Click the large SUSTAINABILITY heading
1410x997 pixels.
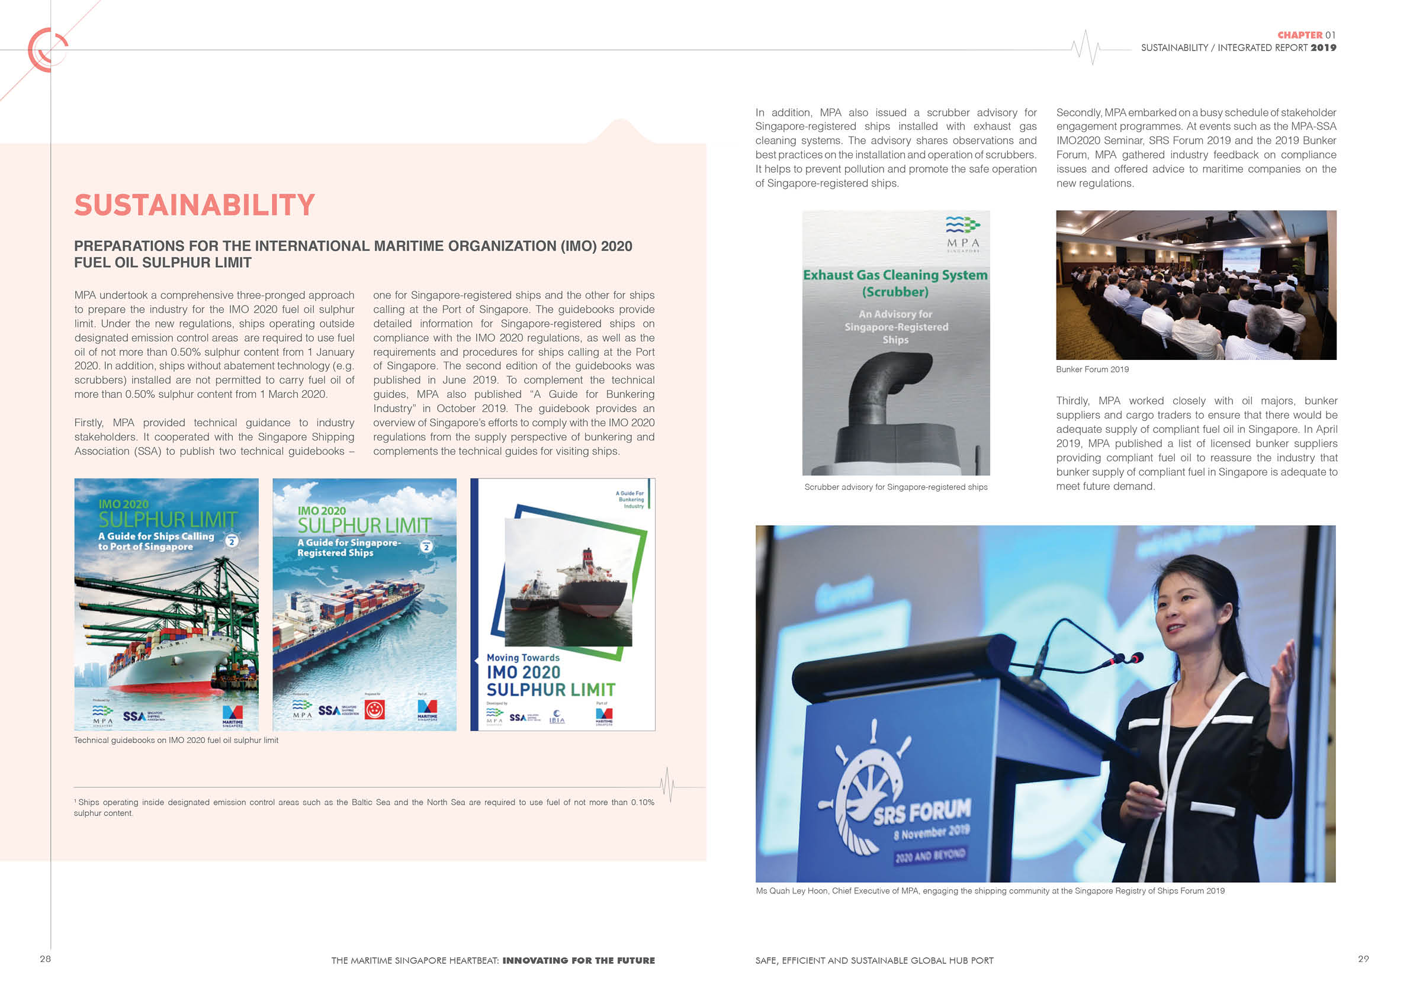tap(194, 205)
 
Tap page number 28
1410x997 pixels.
tap(46, 959)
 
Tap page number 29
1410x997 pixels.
tap(1363, 959)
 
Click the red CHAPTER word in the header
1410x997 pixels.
tap(1299, 35)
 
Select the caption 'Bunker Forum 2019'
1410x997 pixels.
tap(1092, 369)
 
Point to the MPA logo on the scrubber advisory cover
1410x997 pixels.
tap(962, 232)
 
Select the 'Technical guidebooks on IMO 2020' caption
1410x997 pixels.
tap(176, 740)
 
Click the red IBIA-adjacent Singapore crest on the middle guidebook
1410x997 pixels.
tap(375, 710)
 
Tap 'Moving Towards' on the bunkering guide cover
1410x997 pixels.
tap(523, 658)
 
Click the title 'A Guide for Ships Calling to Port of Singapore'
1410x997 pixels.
tap(156, 541)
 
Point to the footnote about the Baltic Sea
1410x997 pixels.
tap(364, 808)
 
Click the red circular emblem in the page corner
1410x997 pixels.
tap(47, 50)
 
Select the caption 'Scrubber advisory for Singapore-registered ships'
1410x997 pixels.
tap(895, 487)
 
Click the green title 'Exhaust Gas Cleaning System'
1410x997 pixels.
tap(895, 275)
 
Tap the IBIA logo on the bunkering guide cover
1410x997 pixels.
tap(557, 716)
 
